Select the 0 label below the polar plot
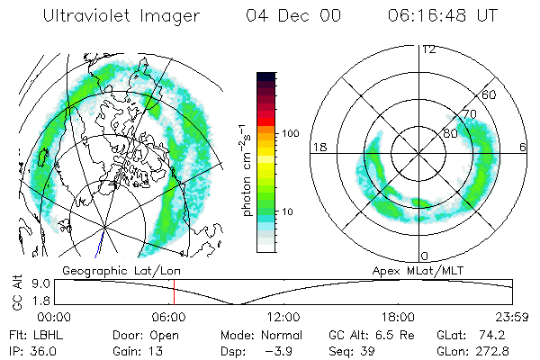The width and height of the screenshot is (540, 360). (424, 256)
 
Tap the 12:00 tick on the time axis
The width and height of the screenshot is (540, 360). (283, 317)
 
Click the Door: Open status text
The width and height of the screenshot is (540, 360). (141, 334)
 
